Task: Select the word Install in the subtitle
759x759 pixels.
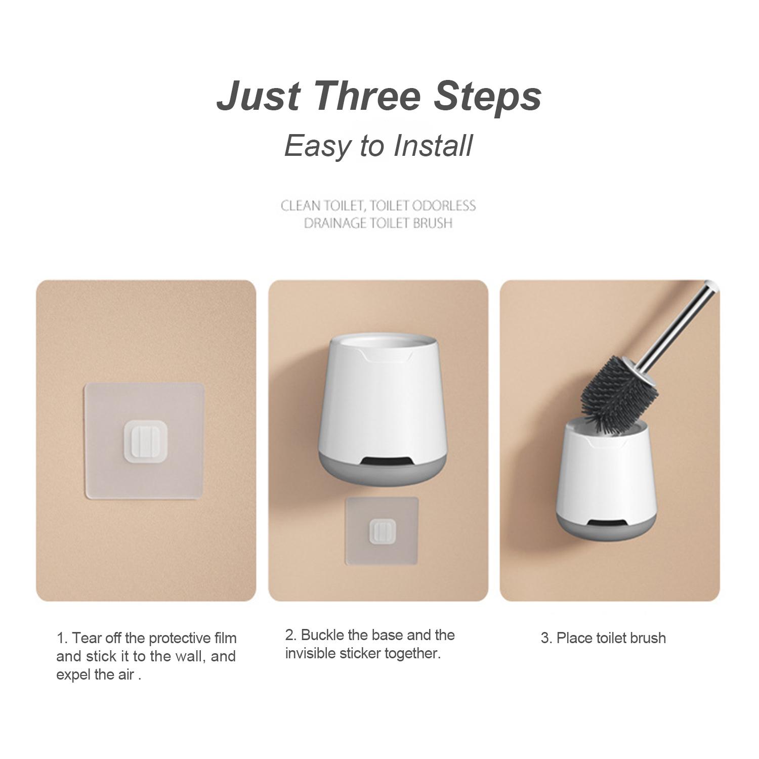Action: pos(433,145)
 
